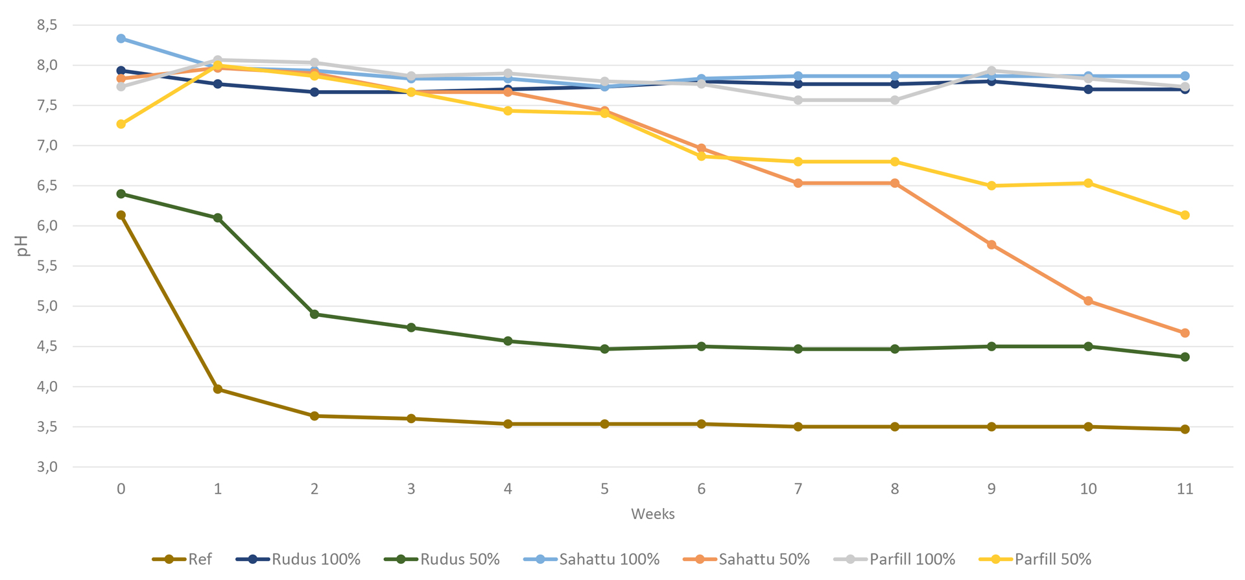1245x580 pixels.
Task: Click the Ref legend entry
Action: [x=182, y=559]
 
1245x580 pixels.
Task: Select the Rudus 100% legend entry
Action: [x=298, y=559]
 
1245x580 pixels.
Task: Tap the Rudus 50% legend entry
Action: [x=442, y=559]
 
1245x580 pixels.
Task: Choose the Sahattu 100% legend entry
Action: [x=591, y=559]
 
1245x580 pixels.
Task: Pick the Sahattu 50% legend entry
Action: [x=746, y=559]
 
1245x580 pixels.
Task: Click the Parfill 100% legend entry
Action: [x=894, y=559]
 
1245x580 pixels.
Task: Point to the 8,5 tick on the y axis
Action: [x=47, y=25]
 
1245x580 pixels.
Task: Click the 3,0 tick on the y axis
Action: [x=47, y=467]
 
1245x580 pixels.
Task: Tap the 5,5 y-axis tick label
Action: [x=47, y=266]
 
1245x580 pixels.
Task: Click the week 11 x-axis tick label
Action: [x=1185, y=489]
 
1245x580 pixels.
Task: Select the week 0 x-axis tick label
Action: [x=121, y=489]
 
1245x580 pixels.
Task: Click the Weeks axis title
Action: [x=653, y=514]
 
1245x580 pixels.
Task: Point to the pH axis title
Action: [x=23, y=246]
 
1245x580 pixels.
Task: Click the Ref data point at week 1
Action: [x=218, y=389]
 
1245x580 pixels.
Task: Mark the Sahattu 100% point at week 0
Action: [x=121, y=39]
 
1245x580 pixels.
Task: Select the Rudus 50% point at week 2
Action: [x=314, y=314]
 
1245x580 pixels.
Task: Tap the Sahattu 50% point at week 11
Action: [x=1185, y=333]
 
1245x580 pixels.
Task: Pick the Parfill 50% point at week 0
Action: [x=121, y=124]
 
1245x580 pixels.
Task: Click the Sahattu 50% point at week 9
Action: [x=991, y=245]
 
